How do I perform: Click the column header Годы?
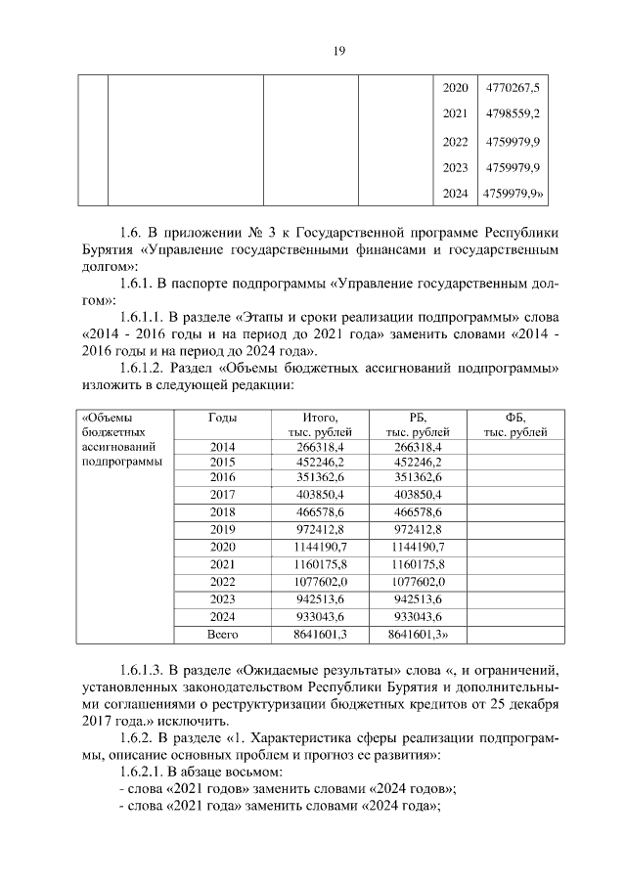pos(222,417)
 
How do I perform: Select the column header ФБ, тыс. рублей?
pos(515,423)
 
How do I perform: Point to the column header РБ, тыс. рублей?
pos(418,423)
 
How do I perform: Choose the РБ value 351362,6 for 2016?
pos(418,478)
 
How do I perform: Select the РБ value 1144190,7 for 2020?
pos(418,546)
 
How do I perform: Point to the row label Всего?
pos(222,634)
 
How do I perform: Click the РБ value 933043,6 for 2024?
pos(418,616)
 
